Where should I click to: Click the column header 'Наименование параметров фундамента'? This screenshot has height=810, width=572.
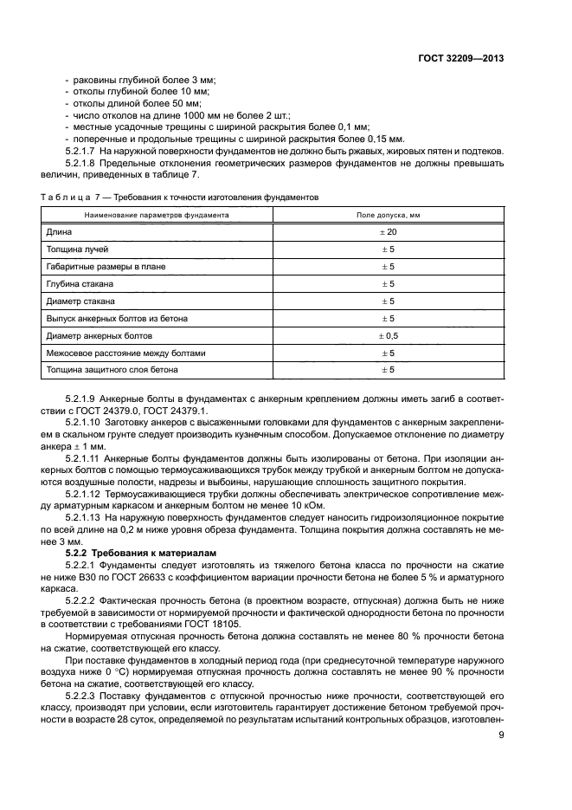tap(156, 214)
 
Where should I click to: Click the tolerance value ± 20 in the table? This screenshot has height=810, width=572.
tap(388, 232)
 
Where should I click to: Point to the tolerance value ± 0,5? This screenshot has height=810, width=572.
tap(388, 336)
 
